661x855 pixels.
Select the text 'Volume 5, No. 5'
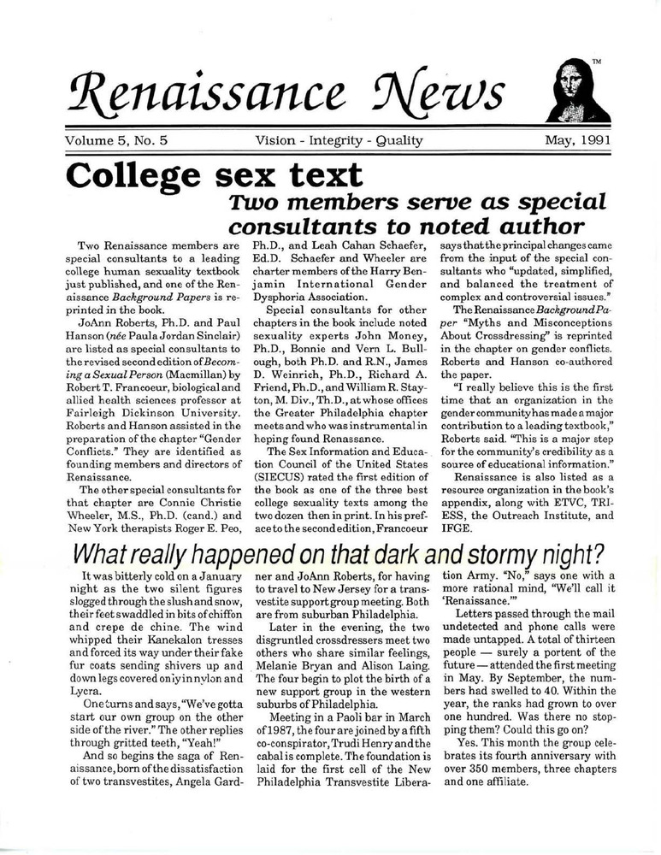(119, 141)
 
